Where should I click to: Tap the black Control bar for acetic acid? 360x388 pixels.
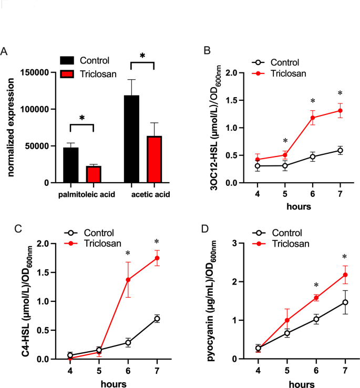(131, 139)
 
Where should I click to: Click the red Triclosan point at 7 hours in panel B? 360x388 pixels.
(340, 110)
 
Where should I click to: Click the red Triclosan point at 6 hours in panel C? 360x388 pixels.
(127, 280)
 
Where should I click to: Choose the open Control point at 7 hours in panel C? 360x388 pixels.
(157, 319)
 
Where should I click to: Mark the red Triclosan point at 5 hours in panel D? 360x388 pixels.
(287, 320)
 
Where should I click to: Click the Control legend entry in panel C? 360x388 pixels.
(99, 233)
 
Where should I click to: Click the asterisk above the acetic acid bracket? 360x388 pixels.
(141, 56)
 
